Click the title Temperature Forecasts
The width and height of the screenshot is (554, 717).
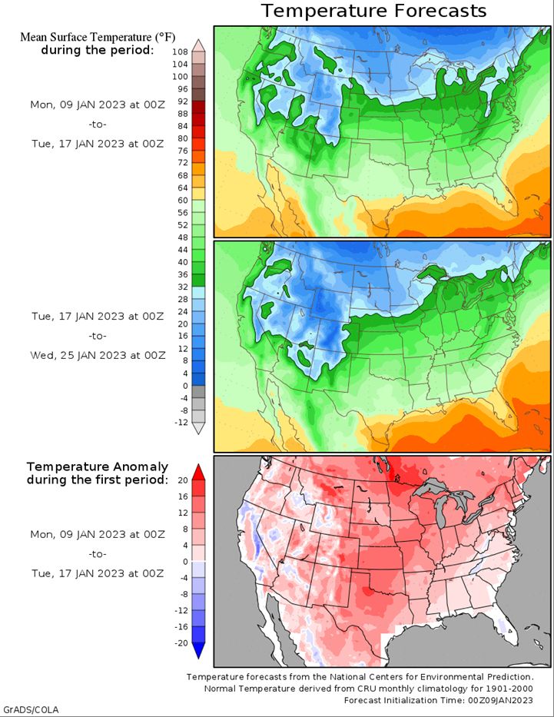point(374,11)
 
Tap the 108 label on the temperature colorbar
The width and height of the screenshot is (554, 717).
point(180,52)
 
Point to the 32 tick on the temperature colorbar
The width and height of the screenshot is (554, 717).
point(183,287)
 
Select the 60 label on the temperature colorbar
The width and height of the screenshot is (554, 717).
point(183,201)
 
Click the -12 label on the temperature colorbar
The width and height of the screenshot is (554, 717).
point(181,423)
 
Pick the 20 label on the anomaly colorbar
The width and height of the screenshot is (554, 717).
point(183,480)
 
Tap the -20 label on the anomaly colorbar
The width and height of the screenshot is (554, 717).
point(181,643)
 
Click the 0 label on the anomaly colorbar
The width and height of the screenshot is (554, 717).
point(185,562)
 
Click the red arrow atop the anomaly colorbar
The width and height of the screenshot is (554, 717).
point(198,473)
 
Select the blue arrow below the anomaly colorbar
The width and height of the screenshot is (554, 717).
point(198,651)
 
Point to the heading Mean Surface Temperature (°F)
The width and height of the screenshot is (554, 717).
point(98,37)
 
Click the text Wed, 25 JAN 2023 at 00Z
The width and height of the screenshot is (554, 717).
point(98,355)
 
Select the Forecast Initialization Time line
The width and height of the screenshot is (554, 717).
point(438,700)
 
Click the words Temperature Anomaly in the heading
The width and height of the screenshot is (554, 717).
point(97,467)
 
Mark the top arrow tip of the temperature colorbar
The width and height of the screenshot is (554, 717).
point(198,40)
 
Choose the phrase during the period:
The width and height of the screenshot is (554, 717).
point(97,50)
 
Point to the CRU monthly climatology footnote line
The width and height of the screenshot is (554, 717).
point(368,689)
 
